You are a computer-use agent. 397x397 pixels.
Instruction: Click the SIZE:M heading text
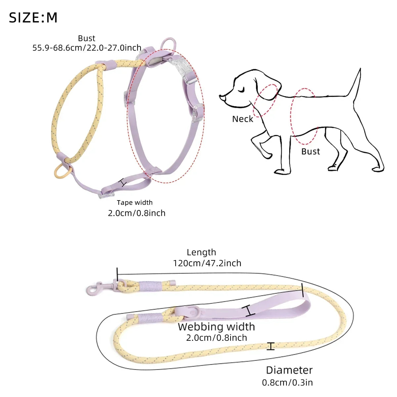(x=33, y=18)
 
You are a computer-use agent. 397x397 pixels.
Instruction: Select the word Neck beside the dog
(x=243, y=119)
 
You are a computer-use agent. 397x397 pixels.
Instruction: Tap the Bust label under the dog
(x=311, y=152)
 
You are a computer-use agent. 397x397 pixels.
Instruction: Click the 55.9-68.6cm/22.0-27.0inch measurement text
(x=87, y=48)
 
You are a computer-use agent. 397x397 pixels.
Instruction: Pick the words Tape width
(x=135, y=202)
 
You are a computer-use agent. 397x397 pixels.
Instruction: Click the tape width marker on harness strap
(x=123, y=182)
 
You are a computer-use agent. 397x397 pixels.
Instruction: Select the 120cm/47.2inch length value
(x=207, y=263)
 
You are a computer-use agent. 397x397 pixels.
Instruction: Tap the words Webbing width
(x=216, y=327)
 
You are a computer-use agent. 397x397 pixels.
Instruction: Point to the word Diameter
(x=289, y=370)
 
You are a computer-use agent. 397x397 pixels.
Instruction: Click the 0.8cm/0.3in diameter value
(x=287, y=383)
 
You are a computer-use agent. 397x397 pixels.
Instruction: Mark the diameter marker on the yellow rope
(x=271, y=346)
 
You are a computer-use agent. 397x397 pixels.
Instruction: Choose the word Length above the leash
(x=201, y=252)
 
